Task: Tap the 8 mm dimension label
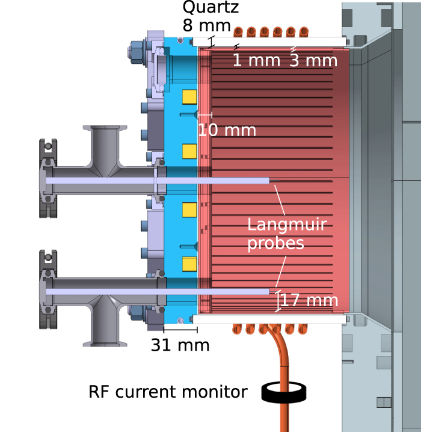click(206, 26)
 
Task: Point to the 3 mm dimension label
click(313, 60)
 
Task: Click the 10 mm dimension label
click(227, 130)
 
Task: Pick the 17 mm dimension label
click(309, 300)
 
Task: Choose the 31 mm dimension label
click(180, 346)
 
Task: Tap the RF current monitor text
click(168, 392)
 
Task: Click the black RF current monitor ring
click(284, 393)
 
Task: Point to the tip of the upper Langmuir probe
click(268, 180)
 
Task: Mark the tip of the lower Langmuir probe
click(268, 291)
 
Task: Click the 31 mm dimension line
click(180, 330)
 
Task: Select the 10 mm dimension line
click(205, 114)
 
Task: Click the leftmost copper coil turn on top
click(239, 31)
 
